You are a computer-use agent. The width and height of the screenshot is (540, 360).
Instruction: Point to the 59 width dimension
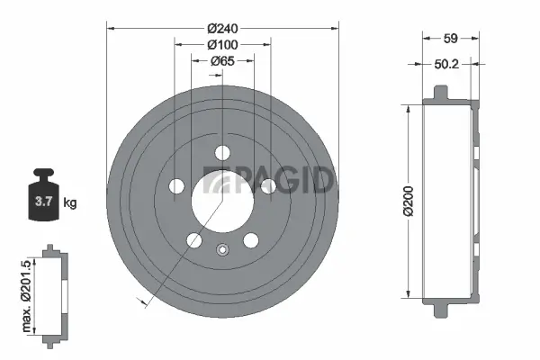coord(452,38)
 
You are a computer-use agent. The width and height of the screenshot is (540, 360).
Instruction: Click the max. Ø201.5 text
coord(27,292)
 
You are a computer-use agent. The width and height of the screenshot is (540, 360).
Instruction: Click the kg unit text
coord(70,202)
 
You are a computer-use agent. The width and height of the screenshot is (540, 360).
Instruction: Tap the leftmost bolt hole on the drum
coord(177,185)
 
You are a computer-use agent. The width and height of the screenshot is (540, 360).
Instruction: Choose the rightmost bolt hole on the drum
coord(267,185)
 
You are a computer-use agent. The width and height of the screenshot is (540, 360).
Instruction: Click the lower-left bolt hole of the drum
coord(194,239)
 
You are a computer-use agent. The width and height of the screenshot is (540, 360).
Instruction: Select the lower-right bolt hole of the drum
coord(250,239)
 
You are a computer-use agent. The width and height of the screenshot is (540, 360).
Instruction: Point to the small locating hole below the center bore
coord(222,250)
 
